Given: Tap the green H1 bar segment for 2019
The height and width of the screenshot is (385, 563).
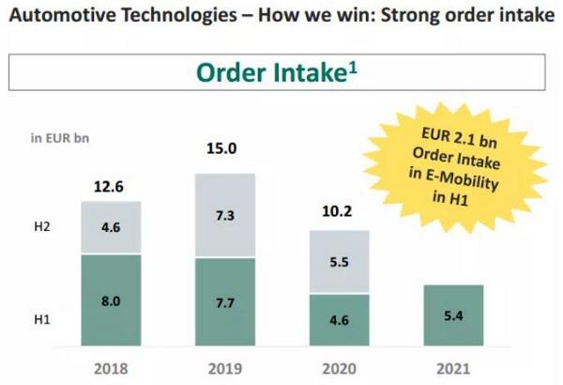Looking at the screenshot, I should pyautogui.click(x=224, y=302).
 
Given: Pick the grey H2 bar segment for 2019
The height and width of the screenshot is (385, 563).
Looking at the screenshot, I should pyautogui.click(x=224, y=215).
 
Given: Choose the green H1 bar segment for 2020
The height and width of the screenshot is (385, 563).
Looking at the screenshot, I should pyautogui.click(x=339, y=320).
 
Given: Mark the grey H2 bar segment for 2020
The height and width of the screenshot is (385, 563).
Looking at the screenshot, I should pyautogui.click(x=339, y=262).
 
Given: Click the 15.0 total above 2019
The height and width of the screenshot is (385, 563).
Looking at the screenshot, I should pyautogui.click(x=221, y=147).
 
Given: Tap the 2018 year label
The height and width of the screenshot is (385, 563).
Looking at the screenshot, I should pyautogui.click(x=112, y=368).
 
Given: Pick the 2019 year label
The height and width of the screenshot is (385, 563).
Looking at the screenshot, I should pyautogui.click(x=224, y=368).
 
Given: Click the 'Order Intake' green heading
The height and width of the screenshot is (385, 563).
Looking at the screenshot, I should pyautogui.click(x=276, y=72).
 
